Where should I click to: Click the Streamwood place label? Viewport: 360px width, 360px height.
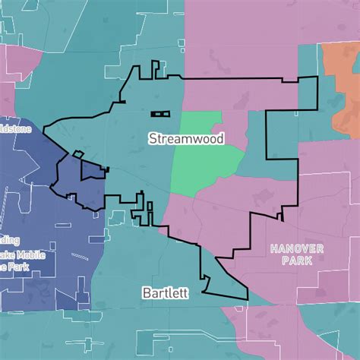pyautogui.click(x=181, y=138)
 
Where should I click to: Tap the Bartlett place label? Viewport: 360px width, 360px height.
pyautogui.click(x=164, y=292)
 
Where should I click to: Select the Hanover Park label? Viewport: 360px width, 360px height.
pyautogui.click(x=296, y=254)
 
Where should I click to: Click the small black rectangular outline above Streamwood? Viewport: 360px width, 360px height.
pyautogui.click(x=160, y=114)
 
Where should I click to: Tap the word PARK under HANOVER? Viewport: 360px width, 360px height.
pyautogui.click(x=296, y=261)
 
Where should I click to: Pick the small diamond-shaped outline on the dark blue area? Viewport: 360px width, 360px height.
pyautogui.click(x=77, y=154)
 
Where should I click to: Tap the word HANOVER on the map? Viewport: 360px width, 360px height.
pyautogui.click(x=296, y=248)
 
